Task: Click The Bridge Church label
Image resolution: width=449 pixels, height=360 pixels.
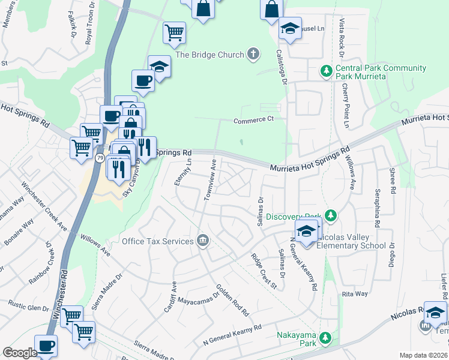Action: click(209, 55)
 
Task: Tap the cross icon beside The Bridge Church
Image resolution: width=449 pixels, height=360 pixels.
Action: click(253, 55)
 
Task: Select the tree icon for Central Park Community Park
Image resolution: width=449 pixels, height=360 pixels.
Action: click(326, 72)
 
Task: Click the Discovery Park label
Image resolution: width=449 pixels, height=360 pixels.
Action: click(293, 216)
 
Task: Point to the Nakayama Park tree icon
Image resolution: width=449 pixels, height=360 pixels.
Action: click(325, 339)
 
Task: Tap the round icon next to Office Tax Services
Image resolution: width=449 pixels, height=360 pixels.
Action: click(203, 241)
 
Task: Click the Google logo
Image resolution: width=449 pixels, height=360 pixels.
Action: click(20, 353)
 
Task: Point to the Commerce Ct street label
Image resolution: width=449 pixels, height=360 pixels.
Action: click(253, 119)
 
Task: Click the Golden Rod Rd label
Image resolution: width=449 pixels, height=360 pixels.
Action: click(232, 300)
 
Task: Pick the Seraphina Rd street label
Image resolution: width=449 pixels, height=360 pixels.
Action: click(377, 207)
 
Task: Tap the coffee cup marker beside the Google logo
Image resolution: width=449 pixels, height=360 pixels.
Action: click(46, 346)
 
